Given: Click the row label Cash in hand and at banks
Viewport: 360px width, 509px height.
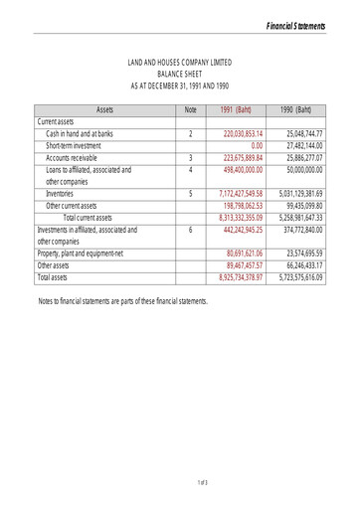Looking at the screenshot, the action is coord(80,132).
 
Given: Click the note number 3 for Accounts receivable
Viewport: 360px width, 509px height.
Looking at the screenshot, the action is coord(189,157).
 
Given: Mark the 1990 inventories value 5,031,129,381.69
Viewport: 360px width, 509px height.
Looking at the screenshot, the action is coord(301,194).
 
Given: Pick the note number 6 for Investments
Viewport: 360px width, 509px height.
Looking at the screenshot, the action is coord(189,230).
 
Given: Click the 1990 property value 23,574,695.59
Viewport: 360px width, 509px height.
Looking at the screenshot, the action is coord(305,254).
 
